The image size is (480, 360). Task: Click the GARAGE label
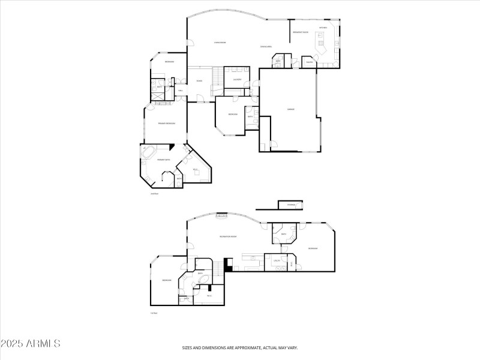[x=290, y=109]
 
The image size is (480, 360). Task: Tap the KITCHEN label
[x=323, y=28]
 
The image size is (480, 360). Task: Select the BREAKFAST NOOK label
[x=301, y=32]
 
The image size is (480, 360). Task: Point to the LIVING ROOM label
[x=220, y=43]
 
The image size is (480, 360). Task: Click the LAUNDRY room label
[x=237, y=79]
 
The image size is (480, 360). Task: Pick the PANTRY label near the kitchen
[x=310, y=62]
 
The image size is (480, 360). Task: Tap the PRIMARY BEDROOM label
[x=166, y=124]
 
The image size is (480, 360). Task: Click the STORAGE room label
[x=291, y=206]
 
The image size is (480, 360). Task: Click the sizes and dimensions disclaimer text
[x=240, y=347]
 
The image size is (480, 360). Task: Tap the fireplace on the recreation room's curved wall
[x=222, y=215]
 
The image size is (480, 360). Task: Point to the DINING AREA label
[x=266, y=46]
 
